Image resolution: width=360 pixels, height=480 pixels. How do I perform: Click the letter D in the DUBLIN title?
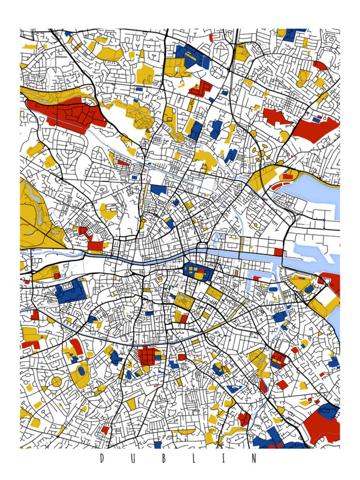click(102, 458)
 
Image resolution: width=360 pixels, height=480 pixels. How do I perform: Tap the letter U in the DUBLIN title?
click(133, 458)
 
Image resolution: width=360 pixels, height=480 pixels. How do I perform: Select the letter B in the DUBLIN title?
click(164, 458)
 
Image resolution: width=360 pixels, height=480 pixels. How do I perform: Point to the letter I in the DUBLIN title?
click(223, 458)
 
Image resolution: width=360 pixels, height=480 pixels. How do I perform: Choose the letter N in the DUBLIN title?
click(254, 458)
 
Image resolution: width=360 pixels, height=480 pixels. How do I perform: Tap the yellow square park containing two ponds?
click(183, 299)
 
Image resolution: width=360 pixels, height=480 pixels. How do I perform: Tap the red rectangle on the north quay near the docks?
click(278, 252)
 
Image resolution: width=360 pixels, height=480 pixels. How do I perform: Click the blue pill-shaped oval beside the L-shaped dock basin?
click(273, 289)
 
